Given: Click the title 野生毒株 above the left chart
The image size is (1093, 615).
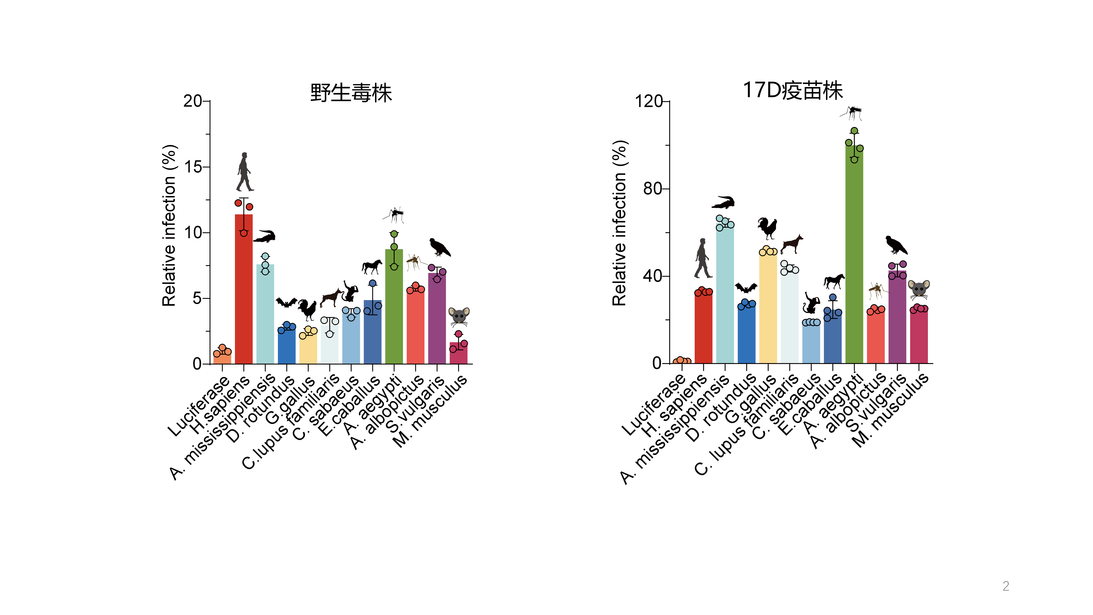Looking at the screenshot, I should tap(351, 93).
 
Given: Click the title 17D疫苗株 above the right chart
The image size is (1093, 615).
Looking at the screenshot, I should tap(793, 90).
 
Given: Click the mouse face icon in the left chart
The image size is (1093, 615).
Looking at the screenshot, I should tap(459, 316).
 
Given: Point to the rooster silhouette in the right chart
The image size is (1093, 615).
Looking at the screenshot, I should tap(767, 228).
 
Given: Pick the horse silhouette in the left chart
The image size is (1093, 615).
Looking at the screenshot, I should tap(372, 266).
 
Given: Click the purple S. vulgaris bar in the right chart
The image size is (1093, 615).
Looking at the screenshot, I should tap(897, 318).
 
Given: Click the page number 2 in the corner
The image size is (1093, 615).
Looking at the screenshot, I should tap(1006, 586).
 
